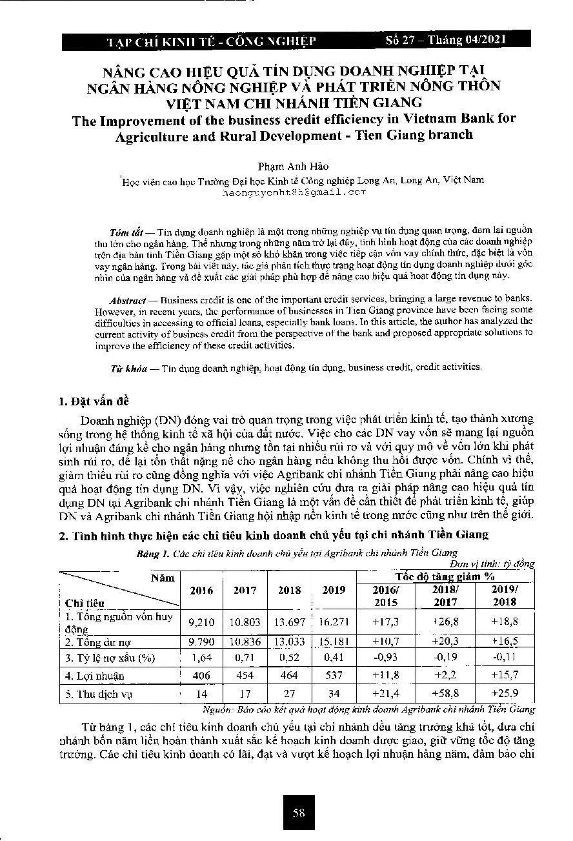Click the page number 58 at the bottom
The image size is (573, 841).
[x=298, y=813]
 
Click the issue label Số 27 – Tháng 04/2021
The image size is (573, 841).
[x=445, y=40]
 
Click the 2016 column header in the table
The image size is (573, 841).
[x=201, y=590]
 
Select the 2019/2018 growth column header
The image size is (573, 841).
[x=504, y=596]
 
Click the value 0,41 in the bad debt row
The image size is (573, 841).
[x=334, y=658]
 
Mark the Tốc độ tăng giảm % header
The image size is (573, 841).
[x=445, y=576]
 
